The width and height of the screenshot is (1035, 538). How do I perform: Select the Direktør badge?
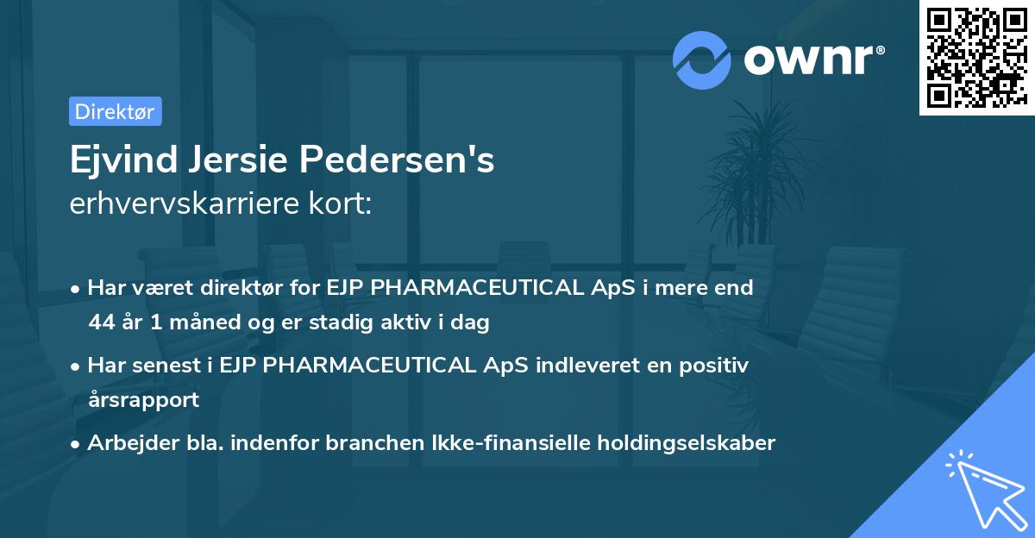115,111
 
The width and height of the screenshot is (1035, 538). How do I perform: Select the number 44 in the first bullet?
102,323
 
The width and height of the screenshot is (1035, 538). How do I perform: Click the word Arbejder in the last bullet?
124,443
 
